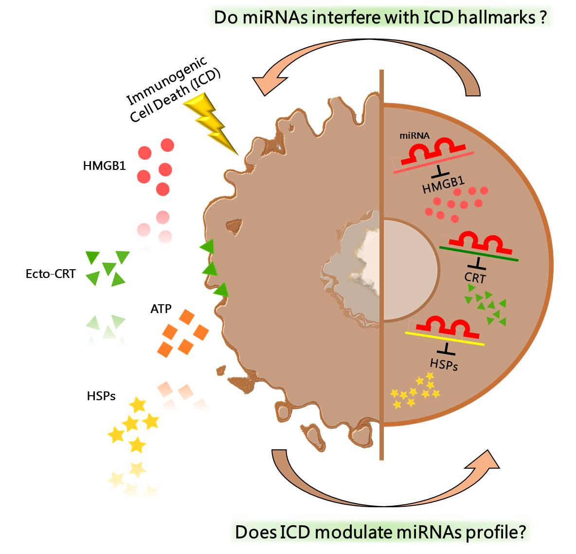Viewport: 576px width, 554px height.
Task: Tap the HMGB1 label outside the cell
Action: tap(104, 166)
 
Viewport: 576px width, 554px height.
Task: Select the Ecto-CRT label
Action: tap(51, 274)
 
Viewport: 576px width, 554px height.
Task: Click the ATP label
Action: tap(161, 309)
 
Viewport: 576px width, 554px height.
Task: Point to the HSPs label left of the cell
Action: tap(99, 395)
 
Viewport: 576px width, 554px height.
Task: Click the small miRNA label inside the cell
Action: tap(414, 137)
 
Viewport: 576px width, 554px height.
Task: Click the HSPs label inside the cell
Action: tap(444, 364)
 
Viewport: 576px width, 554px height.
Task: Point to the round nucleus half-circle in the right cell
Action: tap(409, 270)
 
